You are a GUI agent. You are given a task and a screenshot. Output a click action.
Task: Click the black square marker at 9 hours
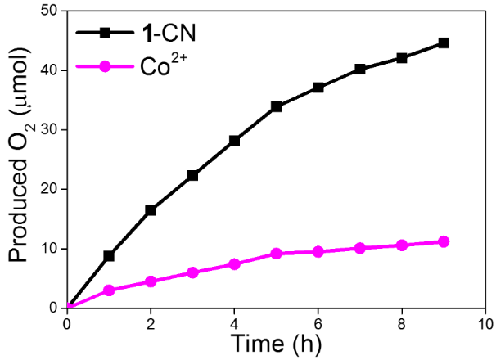444,43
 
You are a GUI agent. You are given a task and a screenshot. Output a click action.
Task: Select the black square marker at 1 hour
109,256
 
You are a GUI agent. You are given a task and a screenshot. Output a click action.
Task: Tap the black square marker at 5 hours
277,106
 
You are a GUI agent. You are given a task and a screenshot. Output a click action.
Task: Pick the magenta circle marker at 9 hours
444,241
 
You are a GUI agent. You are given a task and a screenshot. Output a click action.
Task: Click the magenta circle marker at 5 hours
277,254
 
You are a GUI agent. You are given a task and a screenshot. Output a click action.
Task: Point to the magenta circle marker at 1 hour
109,290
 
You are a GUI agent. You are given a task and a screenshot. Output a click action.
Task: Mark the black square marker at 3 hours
193,175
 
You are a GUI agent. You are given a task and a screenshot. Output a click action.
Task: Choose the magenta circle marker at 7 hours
360,248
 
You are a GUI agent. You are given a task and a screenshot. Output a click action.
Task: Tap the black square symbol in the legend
104,34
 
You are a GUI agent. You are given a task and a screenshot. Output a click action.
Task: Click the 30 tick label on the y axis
48,130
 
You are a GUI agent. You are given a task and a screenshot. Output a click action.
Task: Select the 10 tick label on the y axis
48,249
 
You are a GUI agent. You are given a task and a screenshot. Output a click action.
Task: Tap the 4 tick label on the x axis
235,322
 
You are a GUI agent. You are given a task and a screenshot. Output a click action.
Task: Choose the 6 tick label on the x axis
318,322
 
